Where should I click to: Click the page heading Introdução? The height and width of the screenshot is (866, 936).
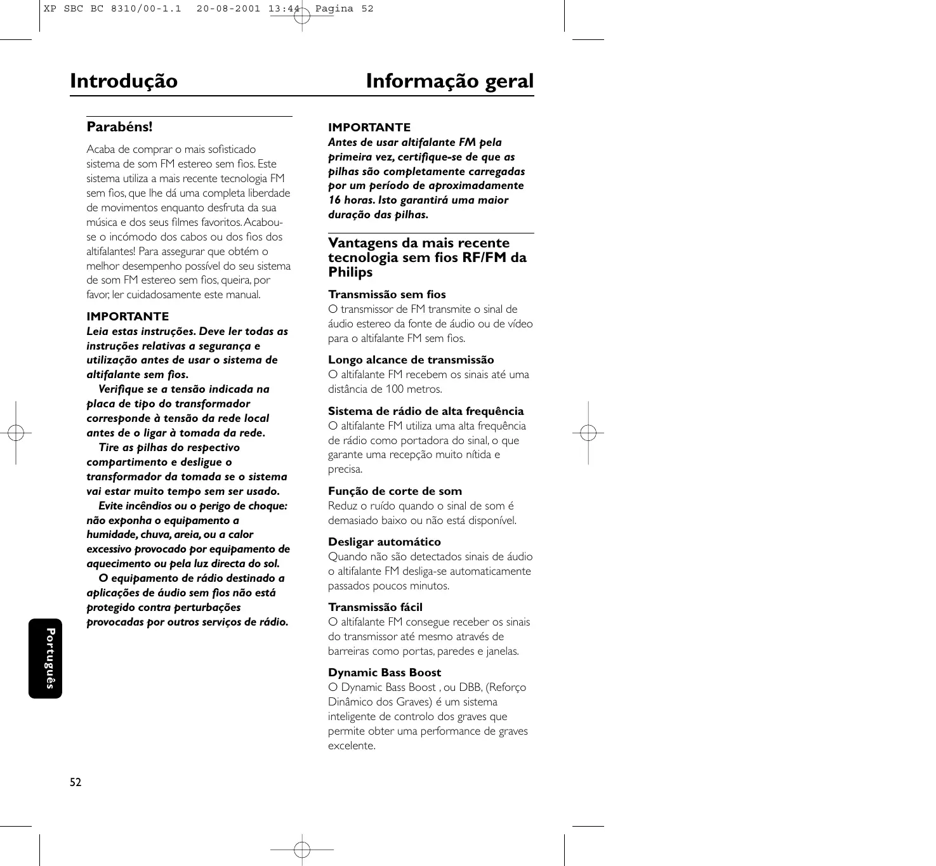(x=124, y=81)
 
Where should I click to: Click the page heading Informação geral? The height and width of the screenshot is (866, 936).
(x=450, y=81)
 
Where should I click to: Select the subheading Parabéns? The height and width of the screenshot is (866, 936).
(x=119, y=126)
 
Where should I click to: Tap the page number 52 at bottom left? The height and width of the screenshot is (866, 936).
(x=76, y=782)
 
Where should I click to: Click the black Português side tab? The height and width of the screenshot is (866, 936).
(x=46, y=659)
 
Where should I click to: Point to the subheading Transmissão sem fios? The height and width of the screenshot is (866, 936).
(x=387, y=294)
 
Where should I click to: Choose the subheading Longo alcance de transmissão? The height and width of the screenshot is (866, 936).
(x=411, y=360)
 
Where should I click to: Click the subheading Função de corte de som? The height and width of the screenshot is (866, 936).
(x=395, y=491)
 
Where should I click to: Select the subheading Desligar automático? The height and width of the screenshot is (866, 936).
(x=384, y=542)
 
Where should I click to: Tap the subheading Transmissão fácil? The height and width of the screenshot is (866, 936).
(x=375, y=607)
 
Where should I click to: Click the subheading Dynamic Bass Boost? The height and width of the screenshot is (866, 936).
(x=385, y=672)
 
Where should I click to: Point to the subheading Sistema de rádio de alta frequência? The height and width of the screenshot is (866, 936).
(x=426, y=411)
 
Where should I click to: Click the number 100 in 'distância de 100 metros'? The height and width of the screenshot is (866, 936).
(x=394, y=389)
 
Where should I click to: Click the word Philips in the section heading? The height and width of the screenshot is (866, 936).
(x=350, y=272)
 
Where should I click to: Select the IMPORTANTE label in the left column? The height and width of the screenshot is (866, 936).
(x=128, y=317)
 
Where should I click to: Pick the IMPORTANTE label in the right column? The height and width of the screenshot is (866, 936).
(x=369, y=128)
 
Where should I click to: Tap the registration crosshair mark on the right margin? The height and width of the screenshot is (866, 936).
(x=588, y=433)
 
